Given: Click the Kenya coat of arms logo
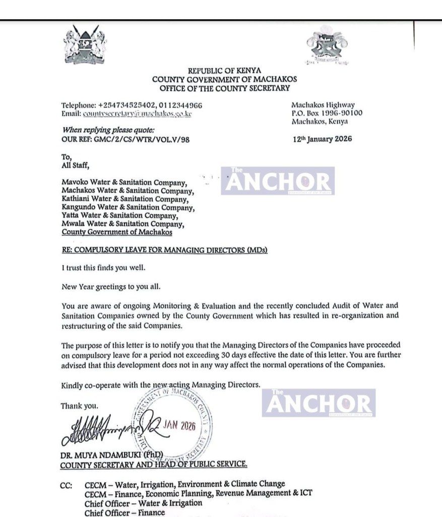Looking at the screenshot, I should (x=85, y=45).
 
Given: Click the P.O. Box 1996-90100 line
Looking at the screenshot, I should (x=327, y=113).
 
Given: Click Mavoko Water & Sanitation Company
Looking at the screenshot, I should (x=124, y=182).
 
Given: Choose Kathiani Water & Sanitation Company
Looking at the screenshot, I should (x=123, y=199).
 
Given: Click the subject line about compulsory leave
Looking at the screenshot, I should (x=164, y=249).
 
